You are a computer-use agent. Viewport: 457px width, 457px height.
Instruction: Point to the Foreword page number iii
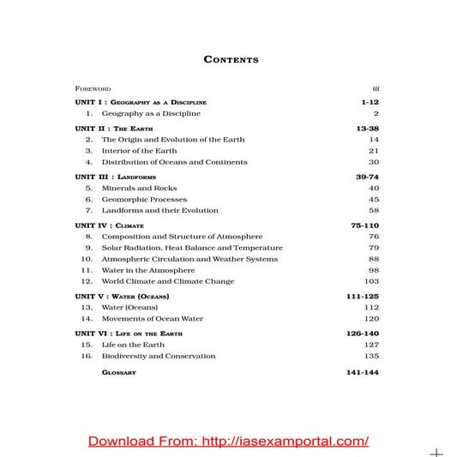click(x=376, y=87)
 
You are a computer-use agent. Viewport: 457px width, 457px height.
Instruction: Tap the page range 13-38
click(x=366, y=127)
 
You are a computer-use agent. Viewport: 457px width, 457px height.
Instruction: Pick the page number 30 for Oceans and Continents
click(x=374, y=162)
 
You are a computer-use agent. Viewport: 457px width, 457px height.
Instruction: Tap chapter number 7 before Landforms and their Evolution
click(x=88, y=210)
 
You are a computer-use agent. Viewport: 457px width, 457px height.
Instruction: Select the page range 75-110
click(x=364, y=225)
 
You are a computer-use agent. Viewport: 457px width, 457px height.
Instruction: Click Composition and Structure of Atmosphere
click(x=182, y=236)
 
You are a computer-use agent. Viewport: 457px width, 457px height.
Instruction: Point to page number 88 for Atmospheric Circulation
click(x=374, y=259)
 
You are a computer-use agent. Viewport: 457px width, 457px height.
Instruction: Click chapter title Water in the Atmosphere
click(x=153, y=270)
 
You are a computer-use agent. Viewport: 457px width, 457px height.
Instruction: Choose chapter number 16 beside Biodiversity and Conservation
click(x=87, y=356)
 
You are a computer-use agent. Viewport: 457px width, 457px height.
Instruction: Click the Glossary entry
click(x=119, y=373)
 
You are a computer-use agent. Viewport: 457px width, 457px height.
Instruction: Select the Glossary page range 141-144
click(x=363, y=373)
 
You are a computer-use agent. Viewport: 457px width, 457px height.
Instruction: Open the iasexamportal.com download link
click(x=228, y=441)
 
